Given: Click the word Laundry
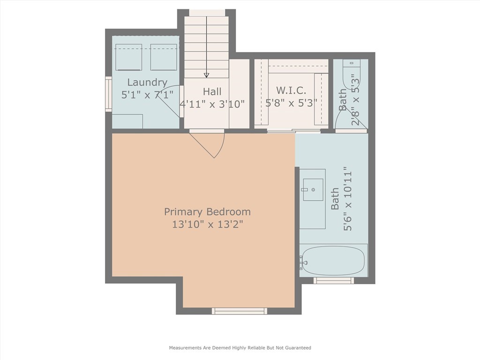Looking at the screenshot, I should point(147,82).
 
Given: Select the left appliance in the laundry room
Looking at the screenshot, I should point(128,57).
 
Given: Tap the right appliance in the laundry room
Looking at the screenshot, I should point(164,57).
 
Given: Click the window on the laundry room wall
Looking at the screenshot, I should point(108,94).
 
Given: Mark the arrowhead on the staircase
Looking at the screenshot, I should point(206,75).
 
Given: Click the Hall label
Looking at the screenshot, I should point(212,92).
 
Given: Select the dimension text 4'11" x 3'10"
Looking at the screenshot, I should point(212,104).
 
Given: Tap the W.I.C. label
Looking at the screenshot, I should point(291,90).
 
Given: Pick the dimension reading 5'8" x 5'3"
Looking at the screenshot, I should point(291,103).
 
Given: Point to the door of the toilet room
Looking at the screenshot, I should point(341,121).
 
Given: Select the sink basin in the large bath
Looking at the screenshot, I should point(312,189).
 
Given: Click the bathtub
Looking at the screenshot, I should point(333,261).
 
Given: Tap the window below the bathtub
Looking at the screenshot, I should point(333,281).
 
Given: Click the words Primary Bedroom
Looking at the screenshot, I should point(207,212).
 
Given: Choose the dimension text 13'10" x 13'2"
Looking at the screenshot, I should point(207,225).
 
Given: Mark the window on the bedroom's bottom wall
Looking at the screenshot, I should point(240,311).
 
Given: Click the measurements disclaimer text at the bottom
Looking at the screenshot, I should point(240,348).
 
